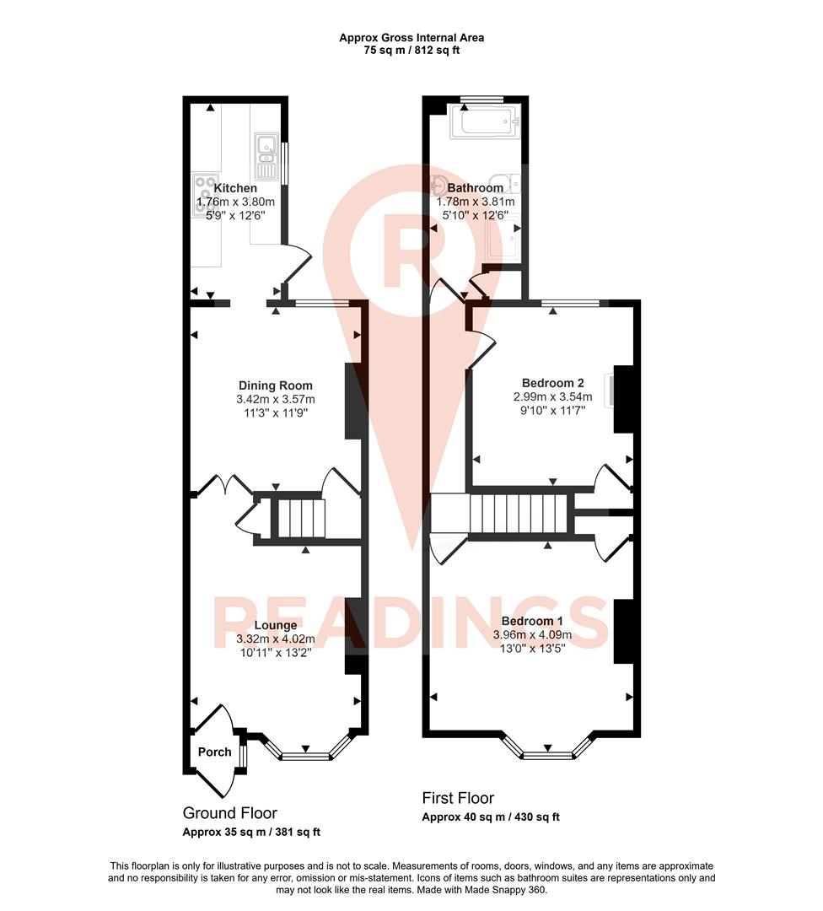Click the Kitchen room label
(235, 188)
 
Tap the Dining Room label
(275, 385)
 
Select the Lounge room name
(276, 625)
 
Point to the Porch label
(214, 752)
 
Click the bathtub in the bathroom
(485, 122)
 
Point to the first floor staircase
(518, 513)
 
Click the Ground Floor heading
(229, 813)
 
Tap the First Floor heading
(458, 798)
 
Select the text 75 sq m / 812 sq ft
(411, 51)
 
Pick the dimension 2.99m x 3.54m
(552, 396)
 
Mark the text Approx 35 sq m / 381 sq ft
(251, 833)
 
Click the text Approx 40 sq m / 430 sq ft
(491, 817)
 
